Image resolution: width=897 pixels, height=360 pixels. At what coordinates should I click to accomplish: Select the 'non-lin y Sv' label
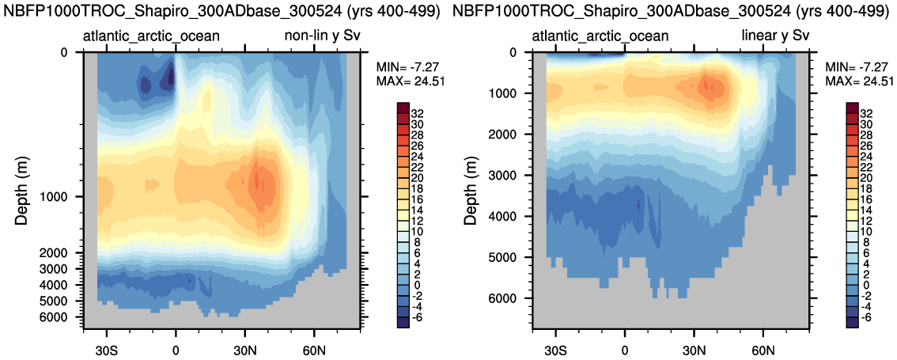point(318,36)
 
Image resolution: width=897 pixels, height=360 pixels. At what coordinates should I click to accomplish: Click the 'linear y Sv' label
point(775,36)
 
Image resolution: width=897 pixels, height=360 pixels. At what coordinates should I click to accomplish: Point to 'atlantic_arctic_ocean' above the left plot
point(151,36)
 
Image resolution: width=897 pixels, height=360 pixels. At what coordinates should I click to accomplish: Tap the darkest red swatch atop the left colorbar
point(403,108)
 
